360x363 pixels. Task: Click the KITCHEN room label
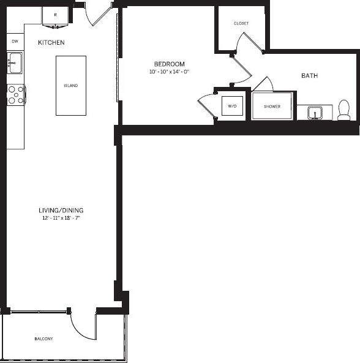[x=51, y=43]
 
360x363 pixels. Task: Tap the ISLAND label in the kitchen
[x=70, y=86]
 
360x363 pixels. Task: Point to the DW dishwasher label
[x=15, y=42]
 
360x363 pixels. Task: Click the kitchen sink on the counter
[x=15, y=62]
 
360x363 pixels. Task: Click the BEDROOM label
[x=169, y=64]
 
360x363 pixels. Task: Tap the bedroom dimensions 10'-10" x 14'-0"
[x=169, y=72]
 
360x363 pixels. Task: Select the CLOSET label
[x=241, y=23]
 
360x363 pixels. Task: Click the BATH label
[x=309, y=76]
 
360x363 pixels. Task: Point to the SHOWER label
[x=272, y=107]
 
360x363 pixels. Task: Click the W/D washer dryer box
[x=232, y=107]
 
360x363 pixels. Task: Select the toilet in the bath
[x=343, y=110]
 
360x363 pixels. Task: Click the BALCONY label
[x=43, y=339]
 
